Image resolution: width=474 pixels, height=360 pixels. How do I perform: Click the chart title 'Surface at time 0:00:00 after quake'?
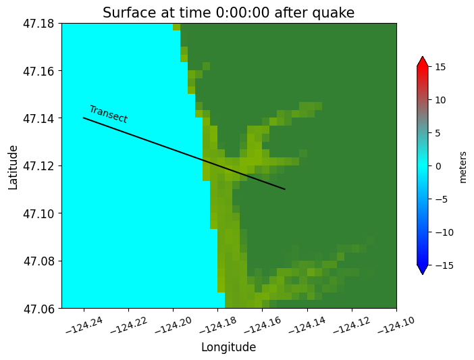pyautogui.click(x=228, y=13)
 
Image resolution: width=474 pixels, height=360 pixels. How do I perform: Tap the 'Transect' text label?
pyautogui.click(x=108, y=114)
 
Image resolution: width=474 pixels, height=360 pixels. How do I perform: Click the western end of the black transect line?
pyautogui.click(x=84, y=118)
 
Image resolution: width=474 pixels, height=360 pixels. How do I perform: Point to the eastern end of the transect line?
pyautogui.click(x=285, y=189)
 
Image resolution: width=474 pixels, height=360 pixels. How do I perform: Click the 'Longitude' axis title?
pyautogui.click(x=228, y=348)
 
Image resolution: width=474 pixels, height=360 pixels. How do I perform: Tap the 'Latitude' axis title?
pyautogui.click(x=14, y=166)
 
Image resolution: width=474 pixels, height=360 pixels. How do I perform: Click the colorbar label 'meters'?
pyautogui.click(x=463, y=166)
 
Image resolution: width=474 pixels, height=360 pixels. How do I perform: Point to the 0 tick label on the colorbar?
pyautogui.click(x=437, y=166)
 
